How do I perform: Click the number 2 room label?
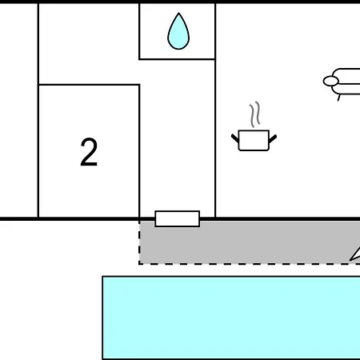pos(89,152)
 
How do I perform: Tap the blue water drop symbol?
pos(178,31)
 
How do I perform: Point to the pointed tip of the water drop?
pos(178,13)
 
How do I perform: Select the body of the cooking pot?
pos(254,141)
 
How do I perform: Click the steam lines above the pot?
pos(254,114)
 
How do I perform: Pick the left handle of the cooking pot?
pos(235,138)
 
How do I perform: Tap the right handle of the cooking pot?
pos(273,138)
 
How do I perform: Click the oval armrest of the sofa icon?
pos(331,81)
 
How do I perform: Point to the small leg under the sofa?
pos(339,98)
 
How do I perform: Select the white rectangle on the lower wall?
pos(178,219)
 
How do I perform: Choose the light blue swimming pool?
pos(231,318)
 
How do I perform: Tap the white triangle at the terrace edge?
pos(356,255)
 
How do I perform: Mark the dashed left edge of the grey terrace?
pos(139,242)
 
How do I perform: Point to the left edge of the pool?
pos(102,318)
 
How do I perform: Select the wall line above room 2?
pos(89,85)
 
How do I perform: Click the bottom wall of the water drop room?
pos(177,59)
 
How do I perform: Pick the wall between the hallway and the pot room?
pos(215,110)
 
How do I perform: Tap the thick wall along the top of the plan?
pos(180,2)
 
